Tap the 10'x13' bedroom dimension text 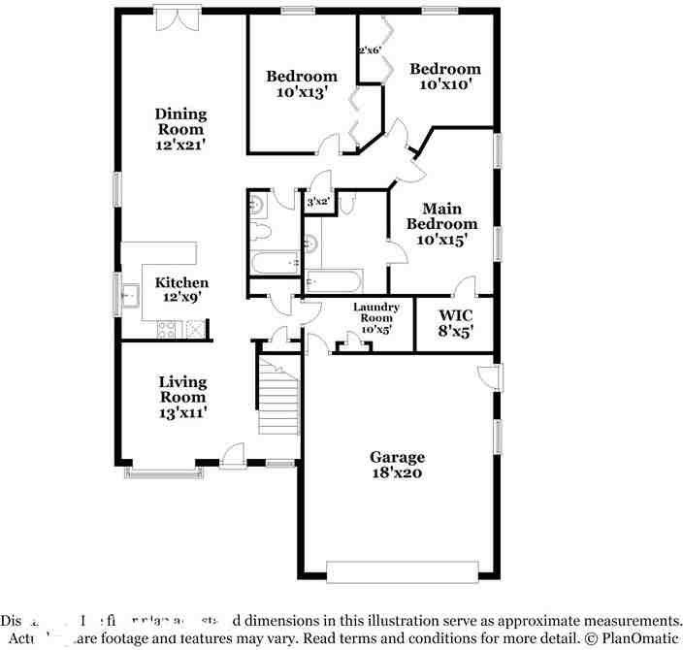(302, 93)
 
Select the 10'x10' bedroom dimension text (444, 84)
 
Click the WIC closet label (455, 315)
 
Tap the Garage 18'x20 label (396, 465)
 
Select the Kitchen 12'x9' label (181, 289)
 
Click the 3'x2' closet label (318, 203)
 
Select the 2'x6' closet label (369, 49)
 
